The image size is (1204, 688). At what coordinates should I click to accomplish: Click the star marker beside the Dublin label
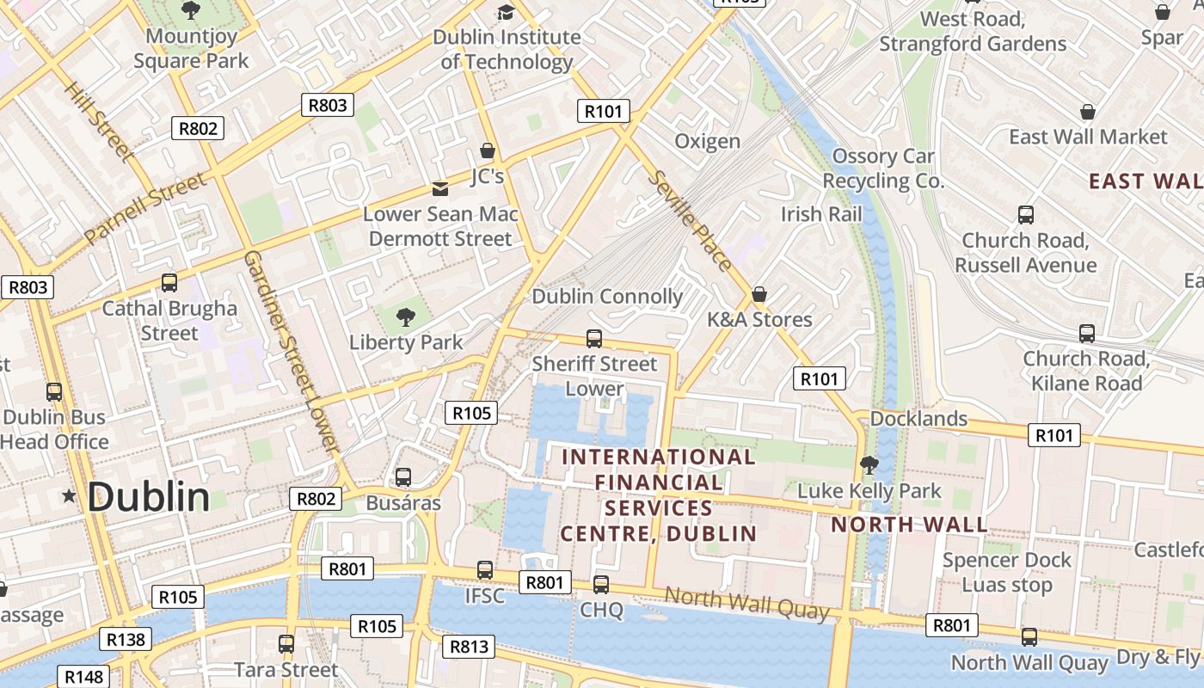point(69,496)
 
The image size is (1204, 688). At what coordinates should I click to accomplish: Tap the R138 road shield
point(126,639)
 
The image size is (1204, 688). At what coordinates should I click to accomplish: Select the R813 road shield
point(469,646)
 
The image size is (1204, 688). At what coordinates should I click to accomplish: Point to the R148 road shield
point(83,677)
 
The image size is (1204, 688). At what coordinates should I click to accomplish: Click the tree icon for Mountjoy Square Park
point(191,11)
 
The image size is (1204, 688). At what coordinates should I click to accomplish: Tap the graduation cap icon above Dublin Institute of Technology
point(506,12)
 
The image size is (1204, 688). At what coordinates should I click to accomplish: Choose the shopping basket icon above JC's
point(488,151)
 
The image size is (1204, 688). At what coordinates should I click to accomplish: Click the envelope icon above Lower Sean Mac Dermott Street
point(439,189)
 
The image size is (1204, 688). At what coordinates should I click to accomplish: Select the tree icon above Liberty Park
point(405,317)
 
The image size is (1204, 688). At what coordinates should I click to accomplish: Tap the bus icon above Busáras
point(402,477)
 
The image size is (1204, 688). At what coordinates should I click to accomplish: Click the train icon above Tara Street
point(286,643)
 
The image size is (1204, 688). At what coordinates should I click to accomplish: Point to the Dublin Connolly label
point(607,297)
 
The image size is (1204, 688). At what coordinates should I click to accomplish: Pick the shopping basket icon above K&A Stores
point(759,295)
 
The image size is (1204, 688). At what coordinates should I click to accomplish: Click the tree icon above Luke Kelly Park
point(869,466)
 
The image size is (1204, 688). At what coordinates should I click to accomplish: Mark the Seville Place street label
point(691,221)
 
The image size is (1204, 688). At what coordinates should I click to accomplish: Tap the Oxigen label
point(707,141)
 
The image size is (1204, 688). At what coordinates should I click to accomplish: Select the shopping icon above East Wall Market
point(1088,113)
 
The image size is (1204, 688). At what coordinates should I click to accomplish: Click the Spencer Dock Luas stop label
point(1006,573)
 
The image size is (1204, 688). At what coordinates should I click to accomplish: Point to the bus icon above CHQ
point(600,585)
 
